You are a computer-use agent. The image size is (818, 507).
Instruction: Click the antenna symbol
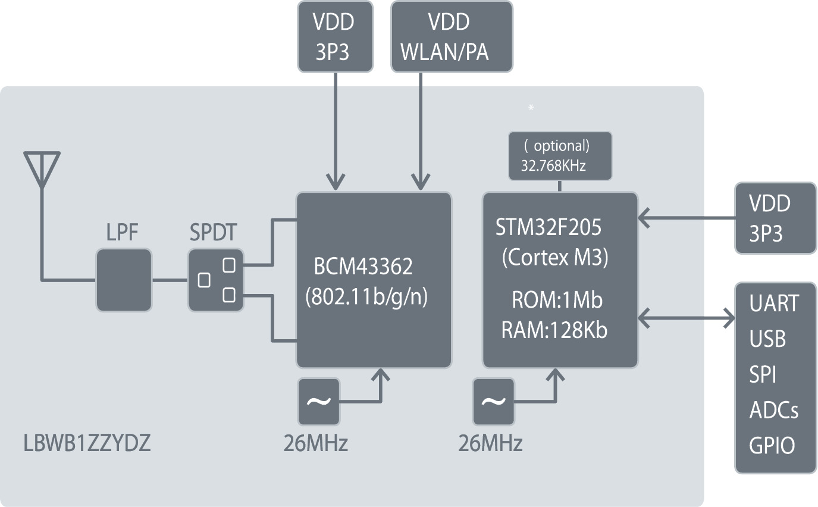point(42,170)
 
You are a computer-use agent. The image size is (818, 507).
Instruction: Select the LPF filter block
point(124,280)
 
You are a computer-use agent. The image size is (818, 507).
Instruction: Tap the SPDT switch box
point(216,280)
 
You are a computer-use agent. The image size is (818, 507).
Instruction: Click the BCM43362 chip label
point(363,267)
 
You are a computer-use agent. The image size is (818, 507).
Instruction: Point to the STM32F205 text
point(548,227)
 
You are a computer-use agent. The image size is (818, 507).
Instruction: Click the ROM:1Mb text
point(557,301)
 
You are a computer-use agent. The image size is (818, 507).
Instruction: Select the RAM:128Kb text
point(554,330)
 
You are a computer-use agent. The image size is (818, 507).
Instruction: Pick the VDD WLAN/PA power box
point(452,37)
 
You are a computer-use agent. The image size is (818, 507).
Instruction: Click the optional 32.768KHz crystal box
point(560,157)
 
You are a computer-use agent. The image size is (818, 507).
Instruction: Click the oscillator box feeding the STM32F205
point(493,402)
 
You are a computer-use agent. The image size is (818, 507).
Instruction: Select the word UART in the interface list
point(774,303)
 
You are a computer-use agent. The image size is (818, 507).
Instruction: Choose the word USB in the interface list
point(767,339)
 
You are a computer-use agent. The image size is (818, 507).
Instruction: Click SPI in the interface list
point(763,375)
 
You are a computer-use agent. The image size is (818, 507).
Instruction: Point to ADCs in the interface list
point(773,410)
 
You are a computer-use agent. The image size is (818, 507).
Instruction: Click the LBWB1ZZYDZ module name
point(87,444)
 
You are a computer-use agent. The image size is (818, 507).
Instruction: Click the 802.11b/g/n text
point(366,297)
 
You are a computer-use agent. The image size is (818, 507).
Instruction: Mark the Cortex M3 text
point(554,257)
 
